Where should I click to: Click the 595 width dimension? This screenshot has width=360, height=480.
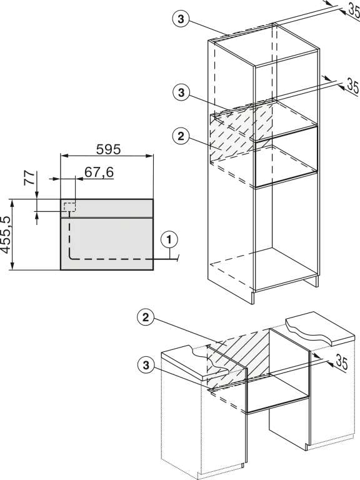point(108,149)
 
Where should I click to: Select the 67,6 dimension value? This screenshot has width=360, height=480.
point(99,172)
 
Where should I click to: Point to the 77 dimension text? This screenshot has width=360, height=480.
point(29,177)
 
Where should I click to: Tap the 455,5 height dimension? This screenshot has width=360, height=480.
point(6,235)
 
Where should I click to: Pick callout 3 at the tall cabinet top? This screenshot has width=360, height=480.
point(181,19)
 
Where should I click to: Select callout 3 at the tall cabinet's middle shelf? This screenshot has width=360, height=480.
point(181,92)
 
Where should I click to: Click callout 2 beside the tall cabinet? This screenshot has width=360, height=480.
point(181,136)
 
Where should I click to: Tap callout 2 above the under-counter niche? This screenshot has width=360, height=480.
point(146,317)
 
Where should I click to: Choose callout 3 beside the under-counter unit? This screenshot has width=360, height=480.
point(146,365)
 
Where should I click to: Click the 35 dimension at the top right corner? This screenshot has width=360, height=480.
point(354,10)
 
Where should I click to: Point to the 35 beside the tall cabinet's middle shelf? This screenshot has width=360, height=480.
point(352,86)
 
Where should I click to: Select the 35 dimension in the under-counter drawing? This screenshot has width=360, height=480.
point(341,362)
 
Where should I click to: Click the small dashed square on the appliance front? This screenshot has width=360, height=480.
point(69,207)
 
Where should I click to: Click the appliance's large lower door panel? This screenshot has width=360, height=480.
point(107,244)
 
